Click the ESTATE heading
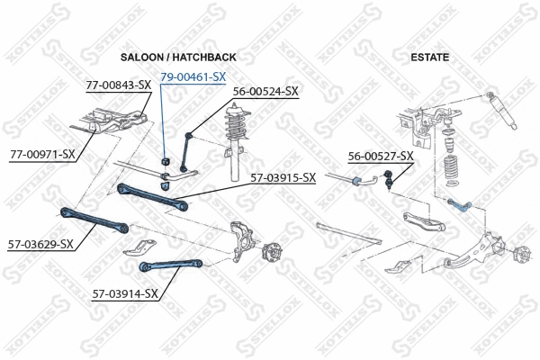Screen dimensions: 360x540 pyautogui.click(x=430, y=58)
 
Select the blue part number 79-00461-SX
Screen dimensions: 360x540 pyautogui.click(x=193, y=77)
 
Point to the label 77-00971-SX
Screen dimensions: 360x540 pyautogui.click(x=42, y=154)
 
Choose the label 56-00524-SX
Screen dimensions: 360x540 pyautogui.click(x=265, y=92)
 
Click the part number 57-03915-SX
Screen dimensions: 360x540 pyautogui.click(x=283, y=177)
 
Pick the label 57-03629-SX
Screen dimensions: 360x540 pyautogui.click(x=41, y=244)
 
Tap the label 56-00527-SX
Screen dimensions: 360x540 pyautogui.click(x=381, y=157)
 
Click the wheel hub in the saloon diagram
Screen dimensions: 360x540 pyautogui.click(x=269, y=256)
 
